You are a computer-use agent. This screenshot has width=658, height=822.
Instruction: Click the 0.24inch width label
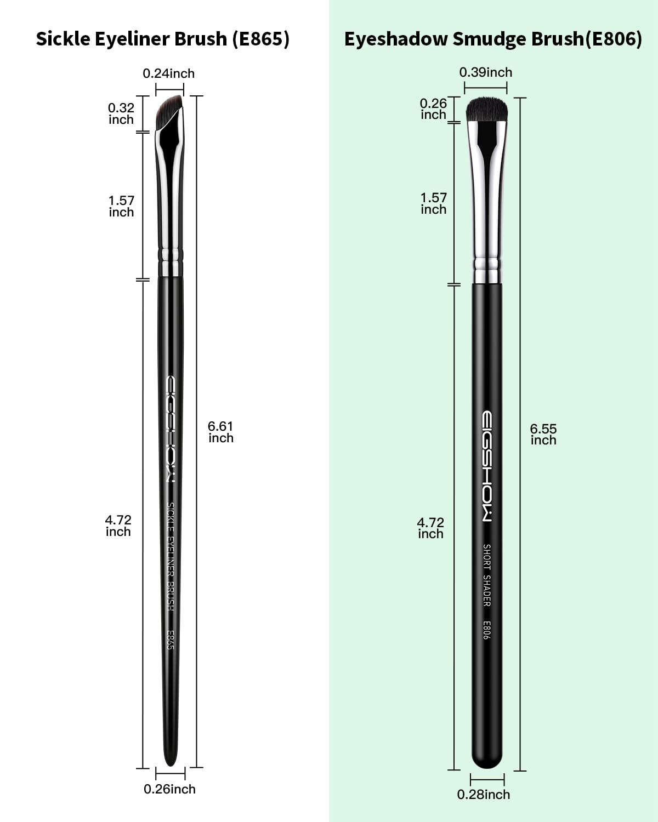tap(168, 73)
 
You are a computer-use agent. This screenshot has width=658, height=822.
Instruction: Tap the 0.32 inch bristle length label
tap(121, 113)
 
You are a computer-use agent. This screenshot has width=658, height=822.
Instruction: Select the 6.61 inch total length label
tap(220, 432)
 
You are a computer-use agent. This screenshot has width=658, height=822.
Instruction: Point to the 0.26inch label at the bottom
tap(169, 789)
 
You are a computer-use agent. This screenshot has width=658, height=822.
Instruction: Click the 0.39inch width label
tap(485, 72)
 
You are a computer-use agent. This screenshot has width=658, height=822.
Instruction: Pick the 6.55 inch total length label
tap(543, 435)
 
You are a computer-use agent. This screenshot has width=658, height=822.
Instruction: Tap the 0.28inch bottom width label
tap(483, 795)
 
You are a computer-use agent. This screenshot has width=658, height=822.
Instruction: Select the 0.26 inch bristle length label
tap(433, 109)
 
